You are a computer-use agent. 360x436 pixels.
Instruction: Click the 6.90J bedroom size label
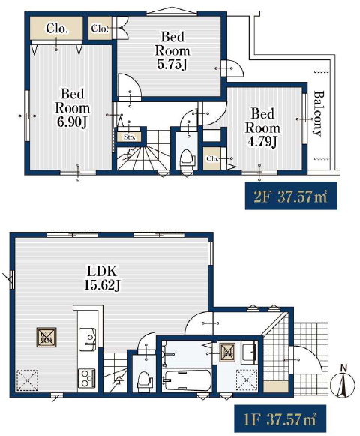tap(72, 122)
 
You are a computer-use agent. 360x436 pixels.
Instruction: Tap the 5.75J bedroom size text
tap(172, 65)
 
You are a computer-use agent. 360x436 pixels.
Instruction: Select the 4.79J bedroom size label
tap(262, 142)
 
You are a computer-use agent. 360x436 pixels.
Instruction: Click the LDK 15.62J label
tap(102, 278)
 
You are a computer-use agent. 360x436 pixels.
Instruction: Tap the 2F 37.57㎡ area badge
tap(291, 196)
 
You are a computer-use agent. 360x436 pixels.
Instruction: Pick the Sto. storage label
tap(129, 137)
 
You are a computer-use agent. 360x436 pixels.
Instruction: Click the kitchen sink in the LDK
tap(87, 339)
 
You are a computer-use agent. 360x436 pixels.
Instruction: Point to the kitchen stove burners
tap(87, 378)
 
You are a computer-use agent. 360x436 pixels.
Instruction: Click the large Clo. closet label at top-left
tap(57, 28)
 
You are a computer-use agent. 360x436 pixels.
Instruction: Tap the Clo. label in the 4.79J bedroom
tap(212, 159)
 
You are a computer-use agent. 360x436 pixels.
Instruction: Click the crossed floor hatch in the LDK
tap(46, 337)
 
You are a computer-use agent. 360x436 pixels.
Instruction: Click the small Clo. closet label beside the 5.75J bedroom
tap(100, 28)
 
